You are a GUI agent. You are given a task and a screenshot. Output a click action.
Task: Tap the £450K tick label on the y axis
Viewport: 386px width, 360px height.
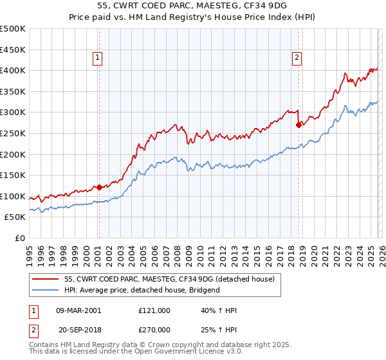[x=13, y=49]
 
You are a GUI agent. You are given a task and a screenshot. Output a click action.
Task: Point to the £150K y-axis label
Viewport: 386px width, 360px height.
[x=13, y=175]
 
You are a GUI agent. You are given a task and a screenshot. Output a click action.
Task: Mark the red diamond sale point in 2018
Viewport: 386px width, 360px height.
[x=299, y=125]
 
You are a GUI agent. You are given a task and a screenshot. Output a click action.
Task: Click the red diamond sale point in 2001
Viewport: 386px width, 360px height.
[x=99, y=187]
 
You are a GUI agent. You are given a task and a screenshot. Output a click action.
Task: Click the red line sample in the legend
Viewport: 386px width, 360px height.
[x=46, y=279]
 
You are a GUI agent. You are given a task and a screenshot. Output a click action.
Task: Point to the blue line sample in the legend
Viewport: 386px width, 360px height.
[x=46, y=290]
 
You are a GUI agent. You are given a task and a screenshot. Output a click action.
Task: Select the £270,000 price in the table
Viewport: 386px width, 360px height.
[x=154, y=328]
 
